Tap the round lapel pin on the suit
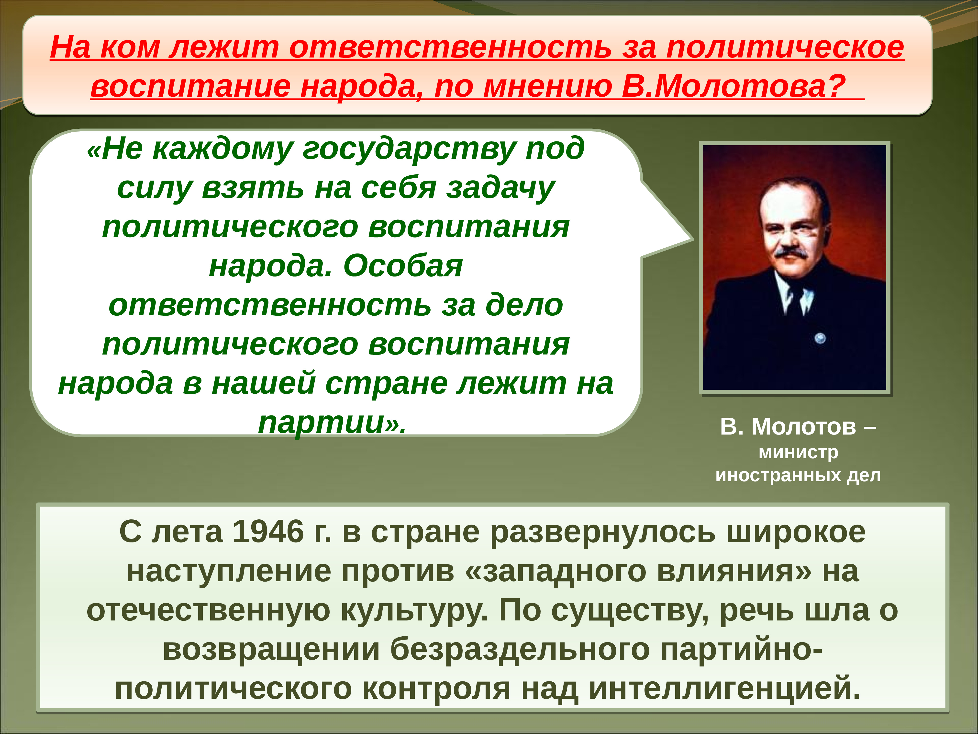[x=820, y=338]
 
